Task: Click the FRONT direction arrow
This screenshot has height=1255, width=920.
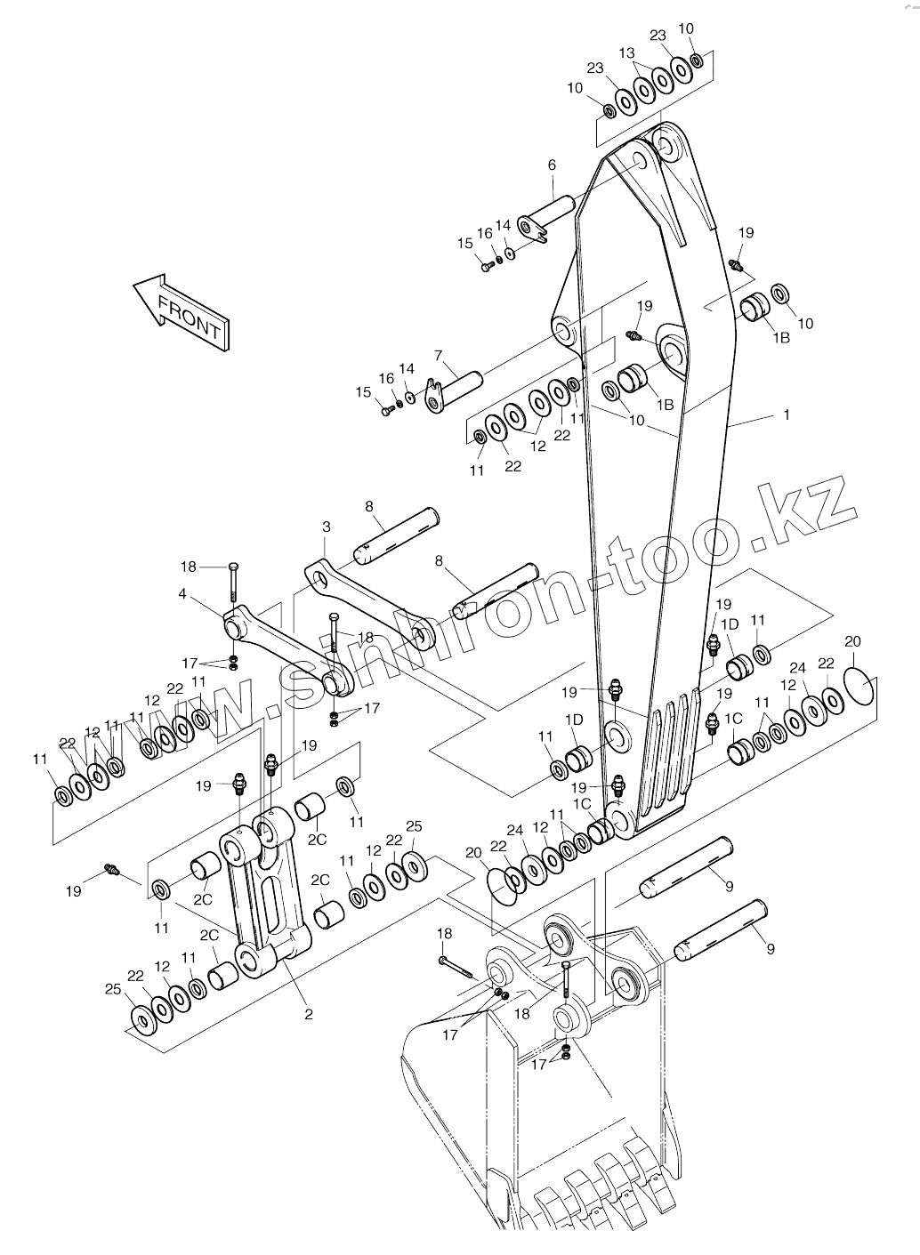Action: coord(181,312)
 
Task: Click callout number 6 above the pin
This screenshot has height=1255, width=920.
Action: coord(552,165)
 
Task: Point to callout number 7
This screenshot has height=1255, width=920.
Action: coord(439,355)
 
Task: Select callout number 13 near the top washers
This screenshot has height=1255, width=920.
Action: coord(627,53)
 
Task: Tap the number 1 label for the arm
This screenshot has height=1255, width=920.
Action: coord(787,415)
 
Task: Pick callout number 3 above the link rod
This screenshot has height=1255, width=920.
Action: coord(327,527)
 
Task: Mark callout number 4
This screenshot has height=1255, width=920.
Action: coord(182,593)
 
